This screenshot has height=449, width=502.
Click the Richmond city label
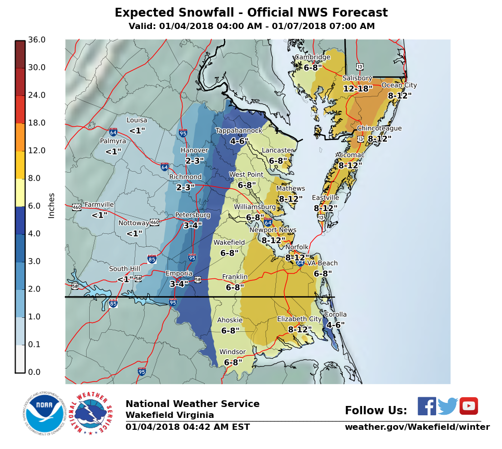[185, 177]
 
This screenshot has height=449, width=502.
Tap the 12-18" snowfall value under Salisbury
[358, 89]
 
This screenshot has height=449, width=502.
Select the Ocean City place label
[399, 86]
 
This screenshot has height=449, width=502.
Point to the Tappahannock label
[239, 131]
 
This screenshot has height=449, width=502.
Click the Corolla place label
[335, 315]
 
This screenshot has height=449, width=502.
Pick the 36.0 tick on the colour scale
[37, 40]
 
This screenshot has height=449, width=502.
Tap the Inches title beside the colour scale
[51, 206]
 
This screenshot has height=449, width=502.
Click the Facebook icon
[427, 406]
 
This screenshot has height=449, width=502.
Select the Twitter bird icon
[448, 406]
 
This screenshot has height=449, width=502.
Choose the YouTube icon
[469, 406]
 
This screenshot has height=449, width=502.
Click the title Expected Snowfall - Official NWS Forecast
[251, 13]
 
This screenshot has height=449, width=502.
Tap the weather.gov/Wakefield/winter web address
[417, 427]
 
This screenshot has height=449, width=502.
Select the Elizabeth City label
[299, 319]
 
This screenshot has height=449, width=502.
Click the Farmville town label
[99, 205]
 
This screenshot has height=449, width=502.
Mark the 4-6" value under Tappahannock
[239, 141]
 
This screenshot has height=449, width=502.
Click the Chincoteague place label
[379, 129]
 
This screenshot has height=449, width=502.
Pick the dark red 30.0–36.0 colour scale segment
[20, 54]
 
